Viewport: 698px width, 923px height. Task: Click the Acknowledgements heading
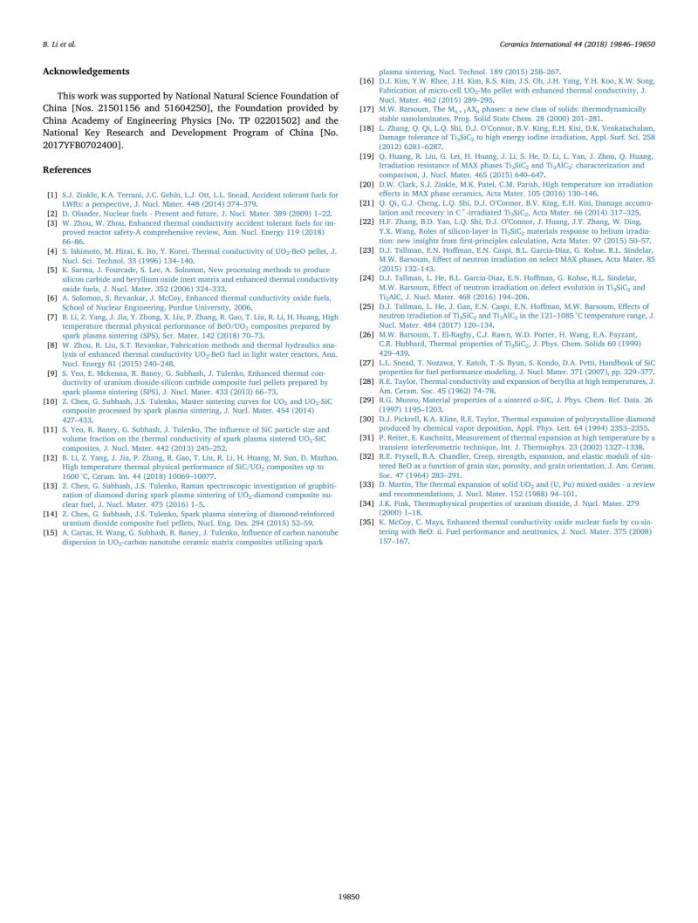86,71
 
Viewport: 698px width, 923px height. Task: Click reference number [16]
367,80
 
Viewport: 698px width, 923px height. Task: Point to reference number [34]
367,503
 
